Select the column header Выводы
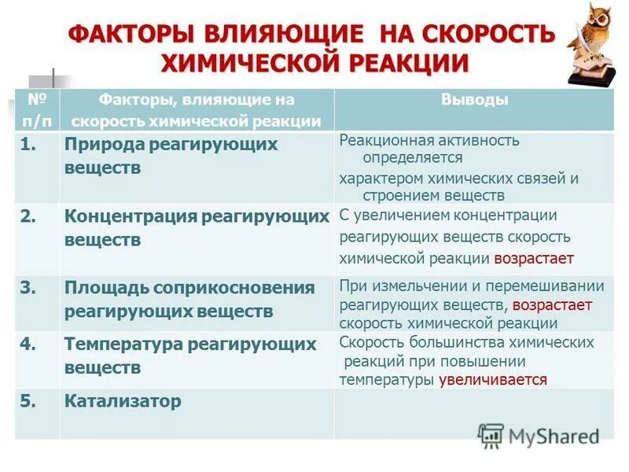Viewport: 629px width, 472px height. pos(474,100)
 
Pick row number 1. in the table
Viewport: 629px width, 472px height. pos(29,145)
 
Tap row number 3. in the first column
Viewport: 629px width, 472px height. pos(29,287)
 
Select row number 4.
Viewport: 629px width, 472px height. pos(29,344)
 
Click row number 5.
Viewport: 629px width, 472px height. pos(29,401)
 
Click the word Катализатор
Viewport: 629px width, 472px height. pos(123,401)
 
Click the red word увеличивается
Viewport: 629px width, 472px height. pos(493,379)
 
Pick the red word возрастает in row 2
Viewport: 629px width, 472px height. pos(534,258)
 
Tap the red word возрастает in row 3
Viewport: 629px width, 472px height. pos(552,304)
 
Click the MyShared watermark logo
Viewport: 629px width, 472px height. pos(538,436)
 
